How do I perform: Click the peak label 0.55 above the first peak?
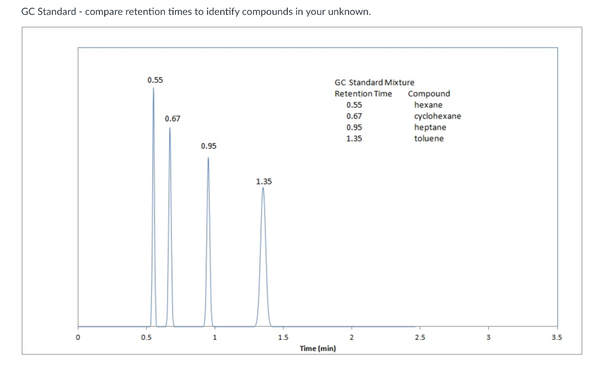click(155, 80)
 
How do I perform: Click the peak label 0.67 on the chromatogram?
click(172, 119)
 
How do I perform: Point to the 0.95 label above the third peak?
click(209, 146)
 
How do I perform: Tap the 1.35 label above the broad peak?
click(264, 181)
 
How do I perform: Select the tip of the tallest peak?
click(153, 88)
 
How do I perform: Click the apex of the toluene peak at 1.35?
click(263, 188)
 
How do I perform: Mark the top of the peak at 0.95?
click(208, 157)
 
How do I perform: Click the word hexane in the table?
click(428, 105)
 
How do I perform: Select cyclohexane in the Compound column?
click(437, 116)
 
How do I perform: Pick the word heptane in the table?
click(429, 127)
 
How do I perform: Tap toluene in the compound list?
click(429, 139)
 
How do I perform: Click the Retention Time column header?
click(363, 93)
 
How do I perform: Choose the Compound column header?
click(429, 93)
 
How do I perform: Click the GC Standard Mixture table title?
click(375, 82)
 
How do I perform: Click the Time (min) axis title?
click(318, 348)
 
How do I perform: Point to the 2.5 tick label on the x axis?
click(420, 338)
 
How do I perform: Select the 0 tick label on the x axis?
click(77, 338)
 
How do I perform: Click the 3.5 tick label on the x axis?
click(557, 338)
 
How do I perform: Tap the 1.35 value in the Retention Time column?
click(354, 139)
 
